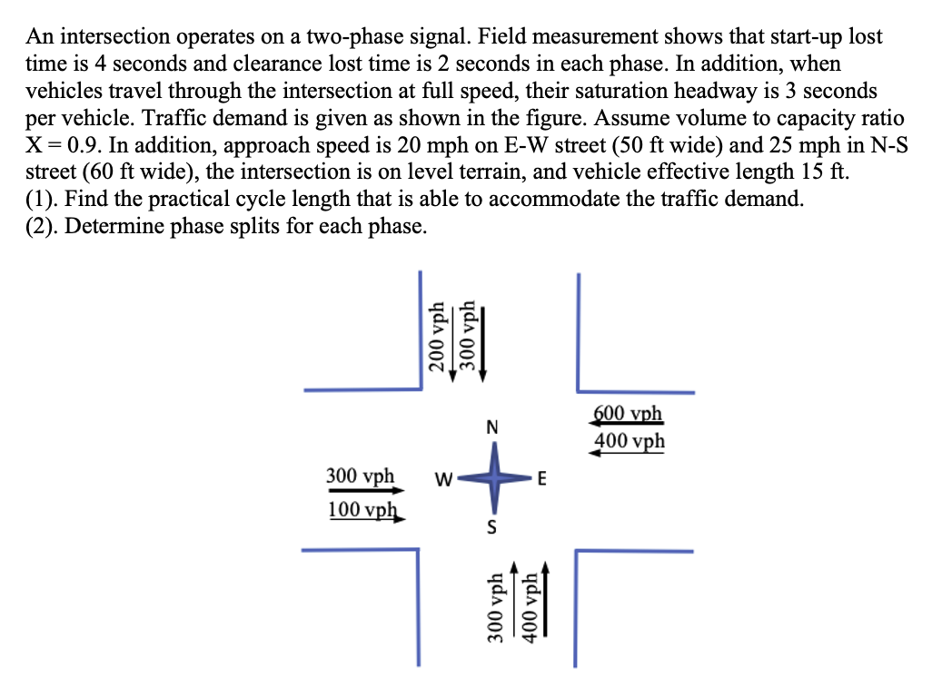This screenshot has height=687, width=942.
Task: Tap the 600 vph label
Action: click(629, 415)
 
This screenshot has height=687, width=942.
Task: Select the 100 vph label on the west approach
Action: click(361, 508)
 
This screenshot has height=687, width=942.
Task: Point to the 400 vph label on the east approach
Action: click(629, 442)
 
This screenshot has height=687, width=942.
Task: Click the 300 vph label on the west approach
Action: click(361, 476)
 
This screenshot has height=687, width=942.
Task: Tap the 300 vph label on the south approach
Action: click(495, 608)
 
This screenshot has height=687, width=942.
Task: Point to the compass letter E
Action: click(541, 480)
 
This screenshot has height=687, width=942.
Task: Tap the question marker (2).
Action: click(41, 227)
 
